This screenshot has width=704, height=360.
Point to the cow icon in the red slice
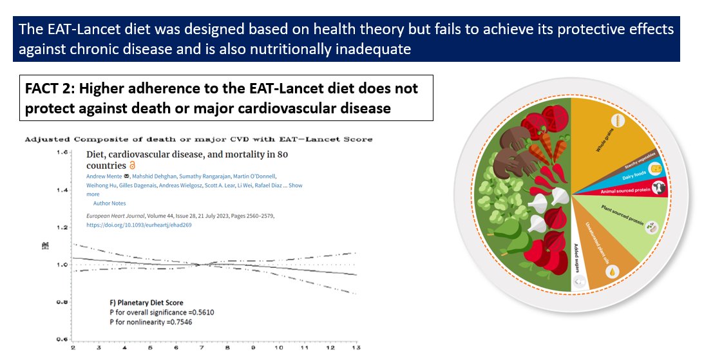[x=658, y=188]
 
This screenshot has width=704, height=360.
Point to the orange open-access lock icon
[x=132, y=166]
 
